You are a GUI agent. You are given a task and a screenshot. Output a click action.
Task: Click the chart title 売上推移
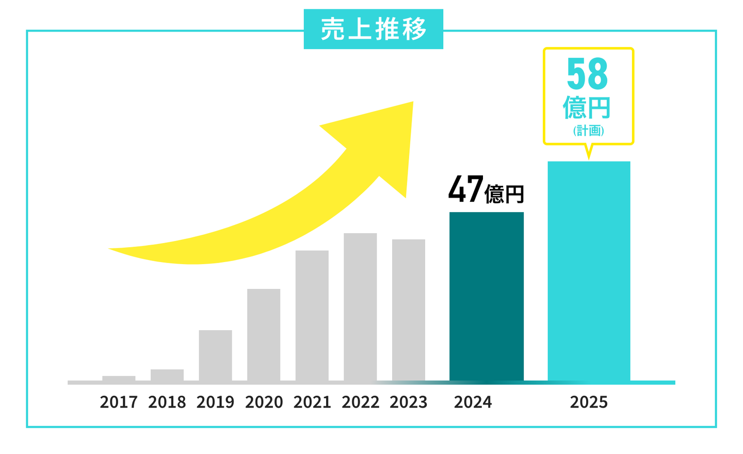click(373, 29)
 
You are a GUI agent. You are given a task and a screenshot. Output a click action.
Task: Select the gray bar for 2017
click(119, 379)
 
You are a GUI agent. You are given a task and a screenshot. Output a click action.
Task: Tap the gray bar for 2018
click(167, 375)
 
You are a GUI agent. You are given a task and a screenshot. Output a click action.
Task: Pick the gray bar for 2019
click(215, 355)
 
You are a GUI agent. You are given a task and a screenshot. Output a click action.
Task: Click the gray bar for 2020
click(264, 335)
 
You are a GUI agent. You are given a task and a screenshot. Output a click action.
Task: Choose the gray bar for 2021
click(312, 316)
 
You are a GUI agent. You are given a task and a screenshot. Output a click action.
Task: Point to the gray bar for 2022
click(360, 307)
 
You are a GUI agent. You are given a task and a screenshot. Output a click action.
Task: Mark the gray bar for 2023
click(409, 310)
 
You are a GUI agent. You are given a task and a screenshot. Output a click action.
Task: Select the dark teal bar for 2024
click(487, 297)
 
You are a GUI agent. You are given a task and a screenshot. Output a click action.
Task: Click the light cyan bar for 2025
click(589, 271)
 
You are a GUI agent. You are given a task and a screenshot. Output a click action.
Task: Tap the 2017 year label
click(119, 402)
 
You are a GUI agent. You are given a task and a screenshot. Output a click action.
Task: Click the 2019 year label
click(215, 402)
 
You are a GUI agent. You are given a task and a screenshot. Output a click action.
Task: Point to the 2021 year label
click(312, 402)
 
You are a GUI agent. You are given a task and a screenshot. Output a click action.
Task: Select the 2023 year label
click(409, 402)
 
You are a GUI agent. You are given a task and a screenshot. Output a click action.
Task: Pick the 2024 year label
click(473, 402)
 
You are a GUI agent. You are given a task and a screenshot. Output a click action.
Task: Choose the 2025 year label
click(589, 402)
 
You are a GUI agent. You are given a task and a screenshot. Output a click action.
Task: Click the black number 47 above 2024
click(465, 189)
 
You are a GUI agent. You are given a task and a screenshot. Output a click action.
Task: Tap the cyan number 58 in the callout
click(587, 74)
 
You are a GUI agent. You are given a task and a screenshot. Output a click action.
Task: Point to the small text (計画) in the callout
click(588, 131)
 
